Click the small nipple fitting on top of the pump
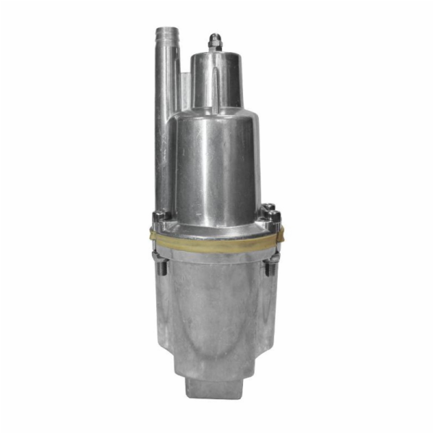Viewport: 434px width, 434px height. tap(214, 41)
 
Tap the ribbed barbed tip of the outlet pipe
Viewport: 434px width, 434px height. tap(166, 35)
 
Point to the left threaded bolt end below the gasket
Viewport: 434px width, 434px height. tap(161, 265)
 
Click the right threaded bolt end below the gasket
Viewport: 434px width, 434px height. tap(273, 266)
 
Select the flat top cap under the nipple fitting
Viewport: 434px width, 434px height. tap(215, 54)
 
